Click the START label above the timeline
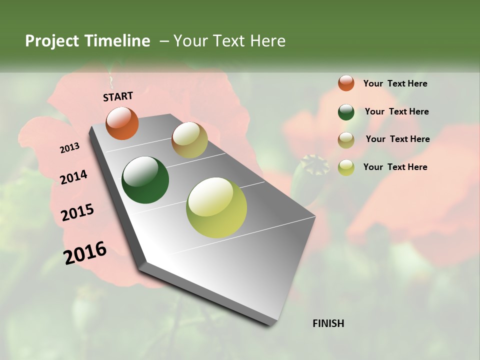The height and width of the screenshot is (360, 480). pos(118,96)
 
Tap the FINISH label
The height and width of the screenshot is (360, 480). pos(328,323)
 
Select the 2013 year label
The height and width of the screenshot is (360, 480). pos(70,148)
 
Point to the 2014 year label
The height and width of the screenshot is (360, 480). pos(73,177)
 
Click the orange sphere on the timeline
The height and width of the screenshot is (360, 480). pos(122,123)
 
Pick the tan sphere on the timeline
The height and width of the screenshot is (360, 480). pos(189,140)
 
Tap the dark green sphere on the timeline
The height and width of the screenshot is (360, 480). pos(145,180)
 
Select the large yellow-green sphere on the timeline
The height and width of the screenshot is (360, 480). pos(216,207)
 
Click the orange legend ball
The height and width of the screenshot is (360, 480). pos(346,83)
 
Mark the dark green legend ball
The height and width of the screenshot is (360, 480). pos(346,112)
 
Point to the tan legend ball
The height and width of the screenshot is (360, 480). pos(346,140)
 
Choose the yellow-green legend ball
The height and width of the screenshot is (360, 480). pos(346,167)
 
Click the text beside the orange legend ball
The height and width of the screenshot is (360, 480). pos(395,83)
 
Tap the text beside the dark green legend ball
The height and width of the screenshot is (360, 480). pos(396,111)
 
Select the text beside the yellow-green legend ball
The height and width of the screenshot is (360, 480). pos(395,167)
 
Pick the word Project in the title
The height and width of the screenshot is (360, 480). pos(51,41)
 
